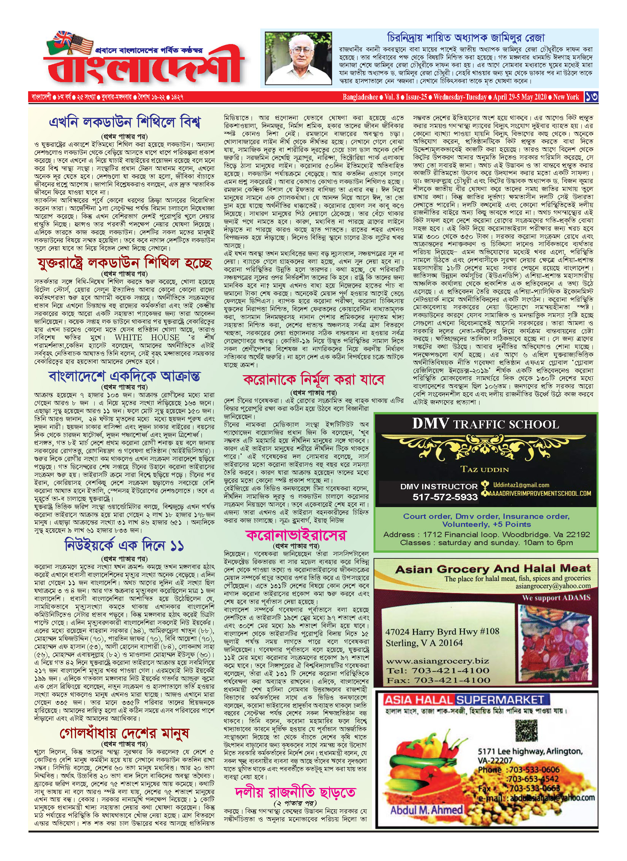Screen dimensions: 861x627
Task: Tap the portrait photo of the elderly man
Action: [298, 58]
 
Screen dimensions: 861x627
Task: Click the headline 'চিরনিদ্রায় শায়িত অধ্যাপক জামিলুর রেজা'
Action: [465, 38]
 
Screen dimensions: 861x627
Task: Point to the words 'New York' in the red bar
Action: [566, 97]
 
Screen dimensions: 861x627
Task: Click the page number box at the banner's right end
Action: [591, 97]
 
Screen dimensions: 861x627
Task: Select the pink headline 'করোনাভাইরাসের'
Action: [296, 535]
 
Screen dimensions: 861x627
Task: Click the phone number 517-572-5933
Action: [445, 497]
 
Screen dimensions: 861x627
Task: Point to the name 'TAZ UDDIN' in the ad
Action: [484, 469]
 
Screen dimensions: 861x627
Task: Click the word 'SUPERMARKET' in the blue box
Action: [500, 700]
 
